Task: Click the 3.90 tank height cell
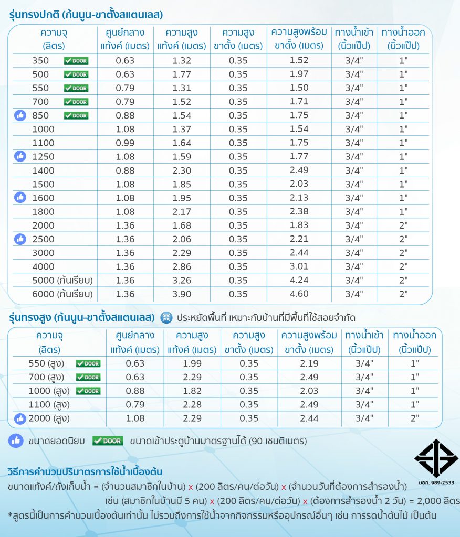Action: (x=182, y=294)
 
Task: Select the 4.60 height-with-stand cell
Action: (x=299, y=294)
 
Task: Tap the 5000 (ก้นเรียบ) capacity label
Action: (x=62, y=280)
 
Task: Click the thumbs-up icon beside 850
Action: (x=20, y=115)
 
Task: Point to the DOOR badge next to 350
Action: (x=76, y=61)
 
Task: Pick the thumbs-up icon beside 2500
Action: (x=20, y=239)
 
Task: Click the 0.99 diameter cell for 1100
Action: (x=125, y=143)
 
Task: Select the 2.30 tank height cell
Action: (x=182, y=170)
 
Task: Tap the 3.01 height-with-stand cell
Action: (x=299, y=266)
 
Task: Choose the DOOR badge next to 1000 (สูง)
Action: (x=88, y=391)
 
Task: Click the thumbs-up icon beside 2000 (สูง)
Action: (x=20, y=418)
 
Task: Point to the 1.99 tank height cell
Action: (x=190, y=363)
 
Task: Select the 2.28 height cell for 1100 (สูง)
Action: (x=190, y=405)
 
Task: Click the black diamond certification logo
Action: (x=436, y=458)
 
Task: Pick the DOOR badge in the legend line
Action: (x=107, y=441)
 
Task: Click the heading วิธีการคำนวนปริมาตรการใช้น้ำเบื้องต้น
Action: (x=85, y=471)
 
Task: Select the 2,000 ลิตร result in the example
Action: (x=437, y=500)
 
